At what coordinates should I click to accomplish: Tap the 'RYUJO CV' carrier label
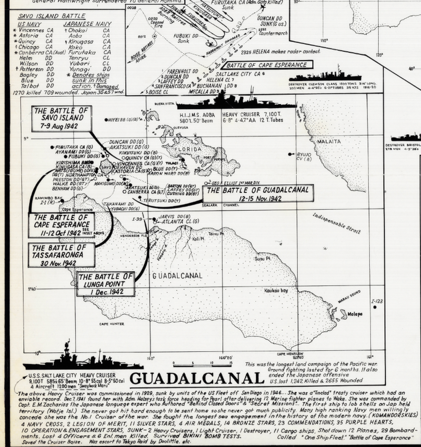304,155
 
